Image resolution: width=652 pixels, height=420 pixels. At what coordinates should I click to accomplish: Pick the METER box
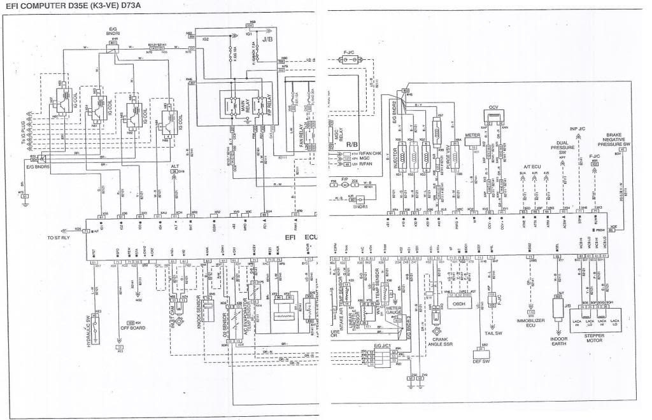(472, 136)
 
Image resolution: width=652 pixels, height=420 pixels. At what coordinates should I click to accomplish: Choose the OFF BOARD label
(133, 328)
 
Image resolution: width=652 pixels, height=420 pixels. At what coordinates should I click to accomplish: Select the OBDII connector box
(459, 304)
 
